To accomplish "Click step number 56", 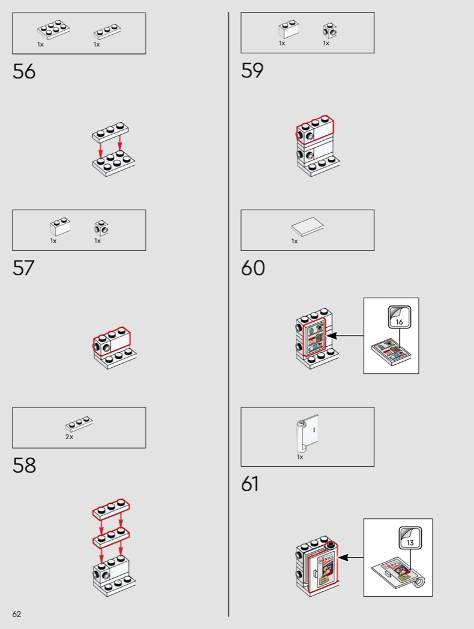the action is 24,71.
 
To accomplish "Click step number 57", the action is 24,268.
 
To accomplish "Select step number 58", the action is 24,465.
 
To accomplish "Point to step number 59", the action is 252,71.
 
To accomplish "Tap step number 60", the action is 253,268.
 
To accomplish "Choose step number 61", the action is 250,484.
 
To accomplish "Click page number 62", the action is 16,614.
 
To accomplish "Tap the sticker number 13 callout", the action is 410,538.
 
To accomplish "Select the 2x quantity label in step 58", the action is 70,437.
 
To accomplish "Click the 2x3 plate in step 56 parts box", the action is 53,29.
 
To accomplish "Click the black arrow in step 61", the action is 351,557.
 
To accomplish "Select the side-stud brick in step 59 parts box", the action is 330,31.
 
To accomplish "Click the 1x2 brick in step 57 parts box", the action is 60,227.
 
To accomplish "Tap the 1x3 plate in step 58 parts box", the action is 79,424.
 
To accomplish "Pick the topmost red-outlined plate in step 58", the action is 111,510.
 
